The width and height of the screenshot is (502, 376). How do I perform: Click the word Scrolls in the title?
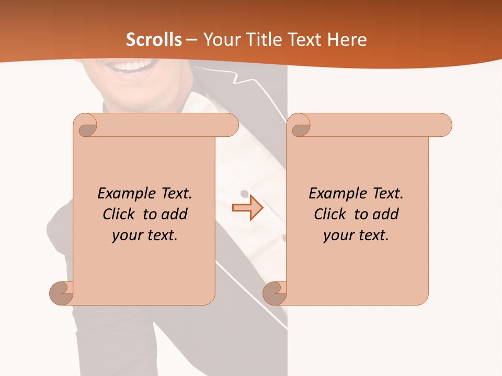tap(154, 40)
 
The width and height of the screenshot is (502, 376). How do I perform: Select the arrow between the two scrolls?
tap(248, 208)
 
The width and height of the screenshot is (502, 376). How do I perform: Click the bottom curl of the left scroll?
tap(62, 293)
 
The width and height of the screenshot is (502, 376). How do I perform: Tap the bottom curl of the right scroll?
tap(275, 293)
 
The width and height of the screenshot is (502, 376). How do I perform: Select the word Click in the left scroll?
tap(118, 214)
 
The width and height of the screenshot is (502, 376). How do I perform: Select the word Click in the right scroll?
tap(329, 214)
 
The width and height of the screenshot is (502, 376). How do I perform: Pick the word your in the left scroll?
tap(127, 236)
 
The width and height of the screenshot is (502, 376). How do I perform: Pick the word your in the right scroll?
tap(338, 236)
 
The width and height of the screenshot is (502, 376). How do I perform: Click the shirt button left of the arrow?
tap(244, 194)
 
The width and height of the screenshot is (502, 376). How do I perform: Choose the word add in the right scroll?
tap(386, 214)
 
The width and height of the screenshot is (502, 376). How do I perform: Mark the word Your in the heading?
tap(220, 40)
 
